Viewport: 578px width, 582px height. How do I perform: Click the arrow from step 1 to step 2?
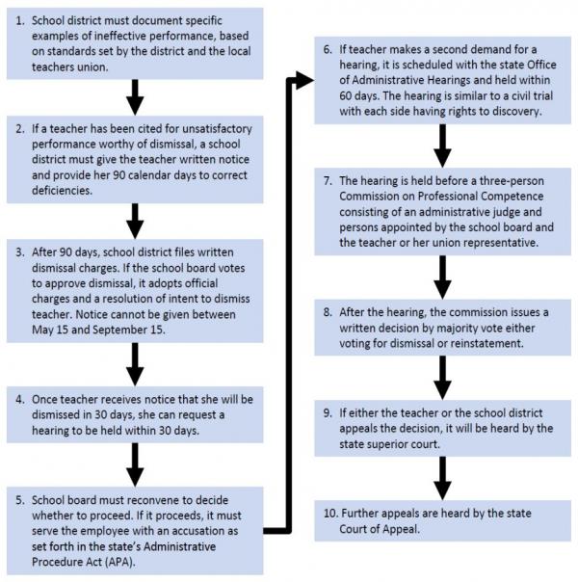tap(135, 97)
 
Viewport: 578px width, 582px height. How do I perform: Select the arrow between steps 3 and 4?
tap(135, 364)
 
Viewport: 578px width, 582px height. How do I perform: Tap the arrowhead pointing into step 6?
tap(304, 80)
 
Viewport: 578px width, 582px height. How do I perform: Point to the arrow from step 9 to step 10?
tap(442, 478)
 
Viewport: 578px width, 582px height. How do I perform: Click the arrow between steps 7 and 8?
tap(442, 277)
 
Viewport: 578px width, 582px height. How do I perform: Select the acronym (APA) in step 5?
tap(119, 562)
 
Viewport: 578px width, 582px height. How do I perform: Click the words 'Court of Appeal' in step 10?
tap(379, 529)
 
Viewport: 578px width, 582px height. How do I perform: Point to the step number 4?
tap(20, 399)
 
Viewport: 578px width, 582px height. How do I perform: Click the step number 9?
tap(328, 412)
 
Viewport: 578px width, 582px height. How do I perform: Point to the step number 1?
tap(20, 20)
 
